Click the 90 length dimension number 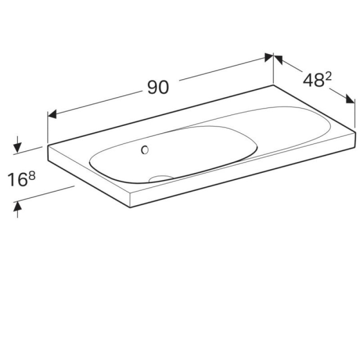pos(158,88)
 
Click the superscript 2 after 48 pos(328,77)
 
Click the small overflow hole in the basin pos(145,150)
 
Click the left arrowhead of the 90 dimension pos(52,114)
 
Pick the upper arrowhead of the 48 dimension pos(278,60)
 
